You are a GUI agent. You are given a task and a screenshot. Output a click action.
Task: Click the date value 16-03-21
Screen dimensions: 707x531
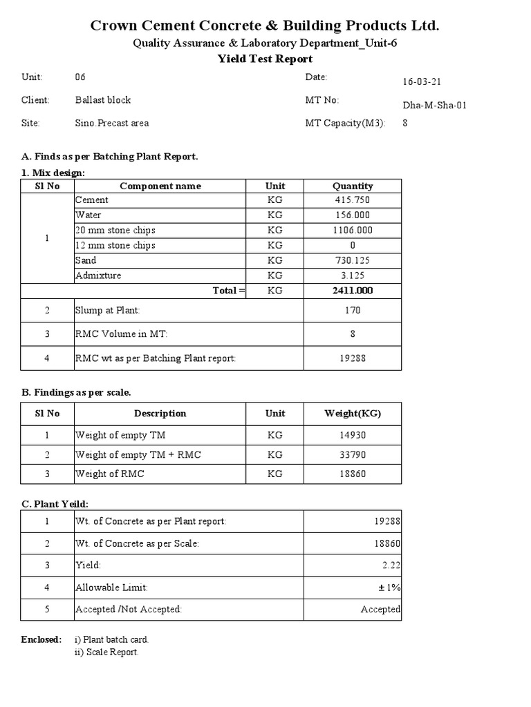pyautogui.click(x=422, y=81)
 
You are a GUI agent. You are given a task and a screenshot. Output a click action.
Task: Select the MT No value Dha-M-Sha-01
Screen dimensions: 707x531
pyautogui.click(x=435, y=105)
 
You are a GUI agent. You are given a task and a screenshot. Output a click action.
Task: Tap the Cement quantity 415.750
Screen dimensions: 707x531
pyautogui.click(x=353, y=200)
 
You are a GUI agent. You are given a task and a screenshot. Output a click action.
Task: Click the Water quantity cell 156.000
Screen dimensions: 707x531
pyautogui.click(x=353, y=215)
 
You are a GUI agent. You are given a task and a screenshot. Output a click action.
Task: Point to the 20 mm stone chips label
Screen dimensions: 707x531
pyautogui.click(x=115, y=231)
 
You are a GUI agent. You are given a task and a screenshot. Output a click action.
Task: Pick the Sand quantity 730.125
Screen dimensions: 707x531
pyautogui.click(x=353, y=261)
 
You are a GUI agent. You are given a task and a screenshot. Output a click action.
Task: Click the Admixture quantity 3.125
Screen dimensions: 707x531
pyautogui.click(x=353, y=276)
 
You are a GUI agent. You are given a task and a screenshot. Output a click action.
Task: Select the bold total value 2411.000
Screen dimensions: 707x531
pyautogui.click(x=353, y=291)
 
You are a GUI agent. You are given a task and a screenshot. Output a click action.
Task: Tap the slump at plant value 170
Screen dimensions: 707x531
pyautogui.click(x=353, y=311)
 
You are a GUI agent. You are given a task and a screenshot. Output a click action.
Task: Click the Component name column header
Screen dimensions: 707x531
pyautogui.click(x=160, y=186)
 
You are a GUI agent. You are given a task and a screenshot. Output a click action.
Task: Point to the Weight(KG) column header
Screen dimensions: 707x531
pyautogui.click(x=353, y=414)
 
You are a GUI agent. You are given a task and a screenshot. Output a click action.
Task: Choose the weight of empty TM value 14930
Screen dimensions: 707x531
pyautogui.click(x=353, y=436)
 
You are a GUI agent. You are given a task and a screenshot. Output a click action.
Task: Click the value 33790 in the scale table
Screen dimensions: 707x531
pyautogui.click(x=353, y=455)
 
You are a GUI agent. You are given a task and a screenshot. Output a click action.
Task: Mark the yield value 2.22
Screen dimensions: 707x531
pyautogui.click(x=391, y=565)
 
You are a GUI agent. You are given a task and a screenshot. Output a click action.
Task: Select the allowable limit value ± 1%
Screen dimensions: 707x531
pyautogui.click(x=389, y=588)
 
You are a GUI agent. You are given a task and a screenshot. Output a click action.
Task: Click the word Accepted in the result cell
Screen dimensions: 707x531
pyautogui.click(x=380, y=610)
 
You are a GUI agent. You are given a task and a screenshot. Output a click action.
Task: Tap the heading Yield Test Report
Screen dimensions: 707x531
pyautogui.click(x=265, y=59)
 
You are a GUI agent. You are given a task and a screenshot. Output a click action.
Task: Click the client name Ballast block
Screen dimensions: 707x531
pyautogui.click(x=102, y=100)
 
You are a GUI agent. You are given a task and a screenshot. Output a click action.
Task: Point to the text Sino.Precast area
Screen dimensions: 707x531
pyautogui.click(x=111, y=124)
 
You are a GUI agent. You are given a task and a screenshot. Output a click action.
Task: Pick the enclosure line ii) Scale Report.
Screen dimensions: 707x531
pyautogui.click(x=106, y=652)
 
